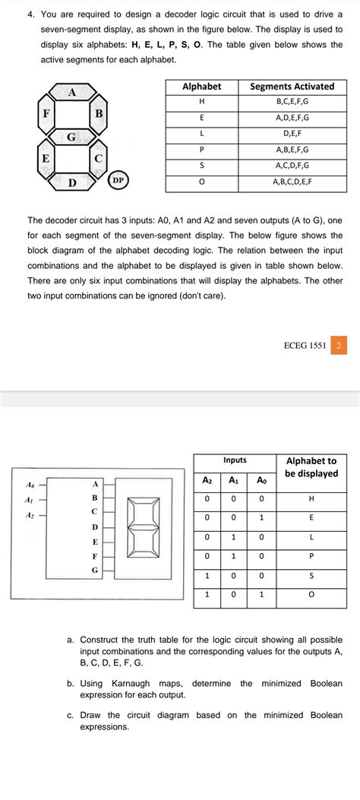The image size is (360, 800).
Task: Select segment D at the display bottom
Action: [x=72, y=182]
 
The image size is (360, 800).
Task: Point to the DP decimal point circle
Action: [x=118, y=181]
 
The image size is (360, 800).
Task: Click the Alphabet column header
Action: [x=201, y=87]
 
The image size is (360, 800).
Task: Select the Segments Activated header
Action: [x=292, y=87]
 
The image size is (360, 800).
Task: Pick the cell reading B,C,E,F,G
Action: [x=292, y=102]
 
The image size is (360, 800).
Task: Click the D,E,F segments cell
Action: [x=292, y=134]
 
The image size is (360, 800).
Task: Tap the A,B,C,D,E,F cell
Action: [x=292, y=182]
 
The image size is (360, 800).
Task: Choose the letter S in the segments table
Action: [x=201, y=166]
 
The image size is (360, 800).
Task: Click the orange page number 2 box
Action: [x=339, y=346]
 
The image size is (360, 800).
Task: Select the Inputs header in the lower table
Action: [x=235, y=460]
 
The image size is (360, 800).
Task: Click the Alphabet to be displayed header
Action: [x=311, y=467]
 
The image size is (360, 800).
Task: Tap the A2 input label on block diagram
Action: [x=30, y=515]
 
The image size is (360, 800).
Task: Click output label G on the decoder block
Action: [x=95, y=570]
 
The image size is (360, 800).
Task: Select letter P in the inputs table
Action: [x=311, y=555]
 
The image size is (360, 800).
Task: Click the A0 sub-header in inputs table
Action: [x=261, y=480]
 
